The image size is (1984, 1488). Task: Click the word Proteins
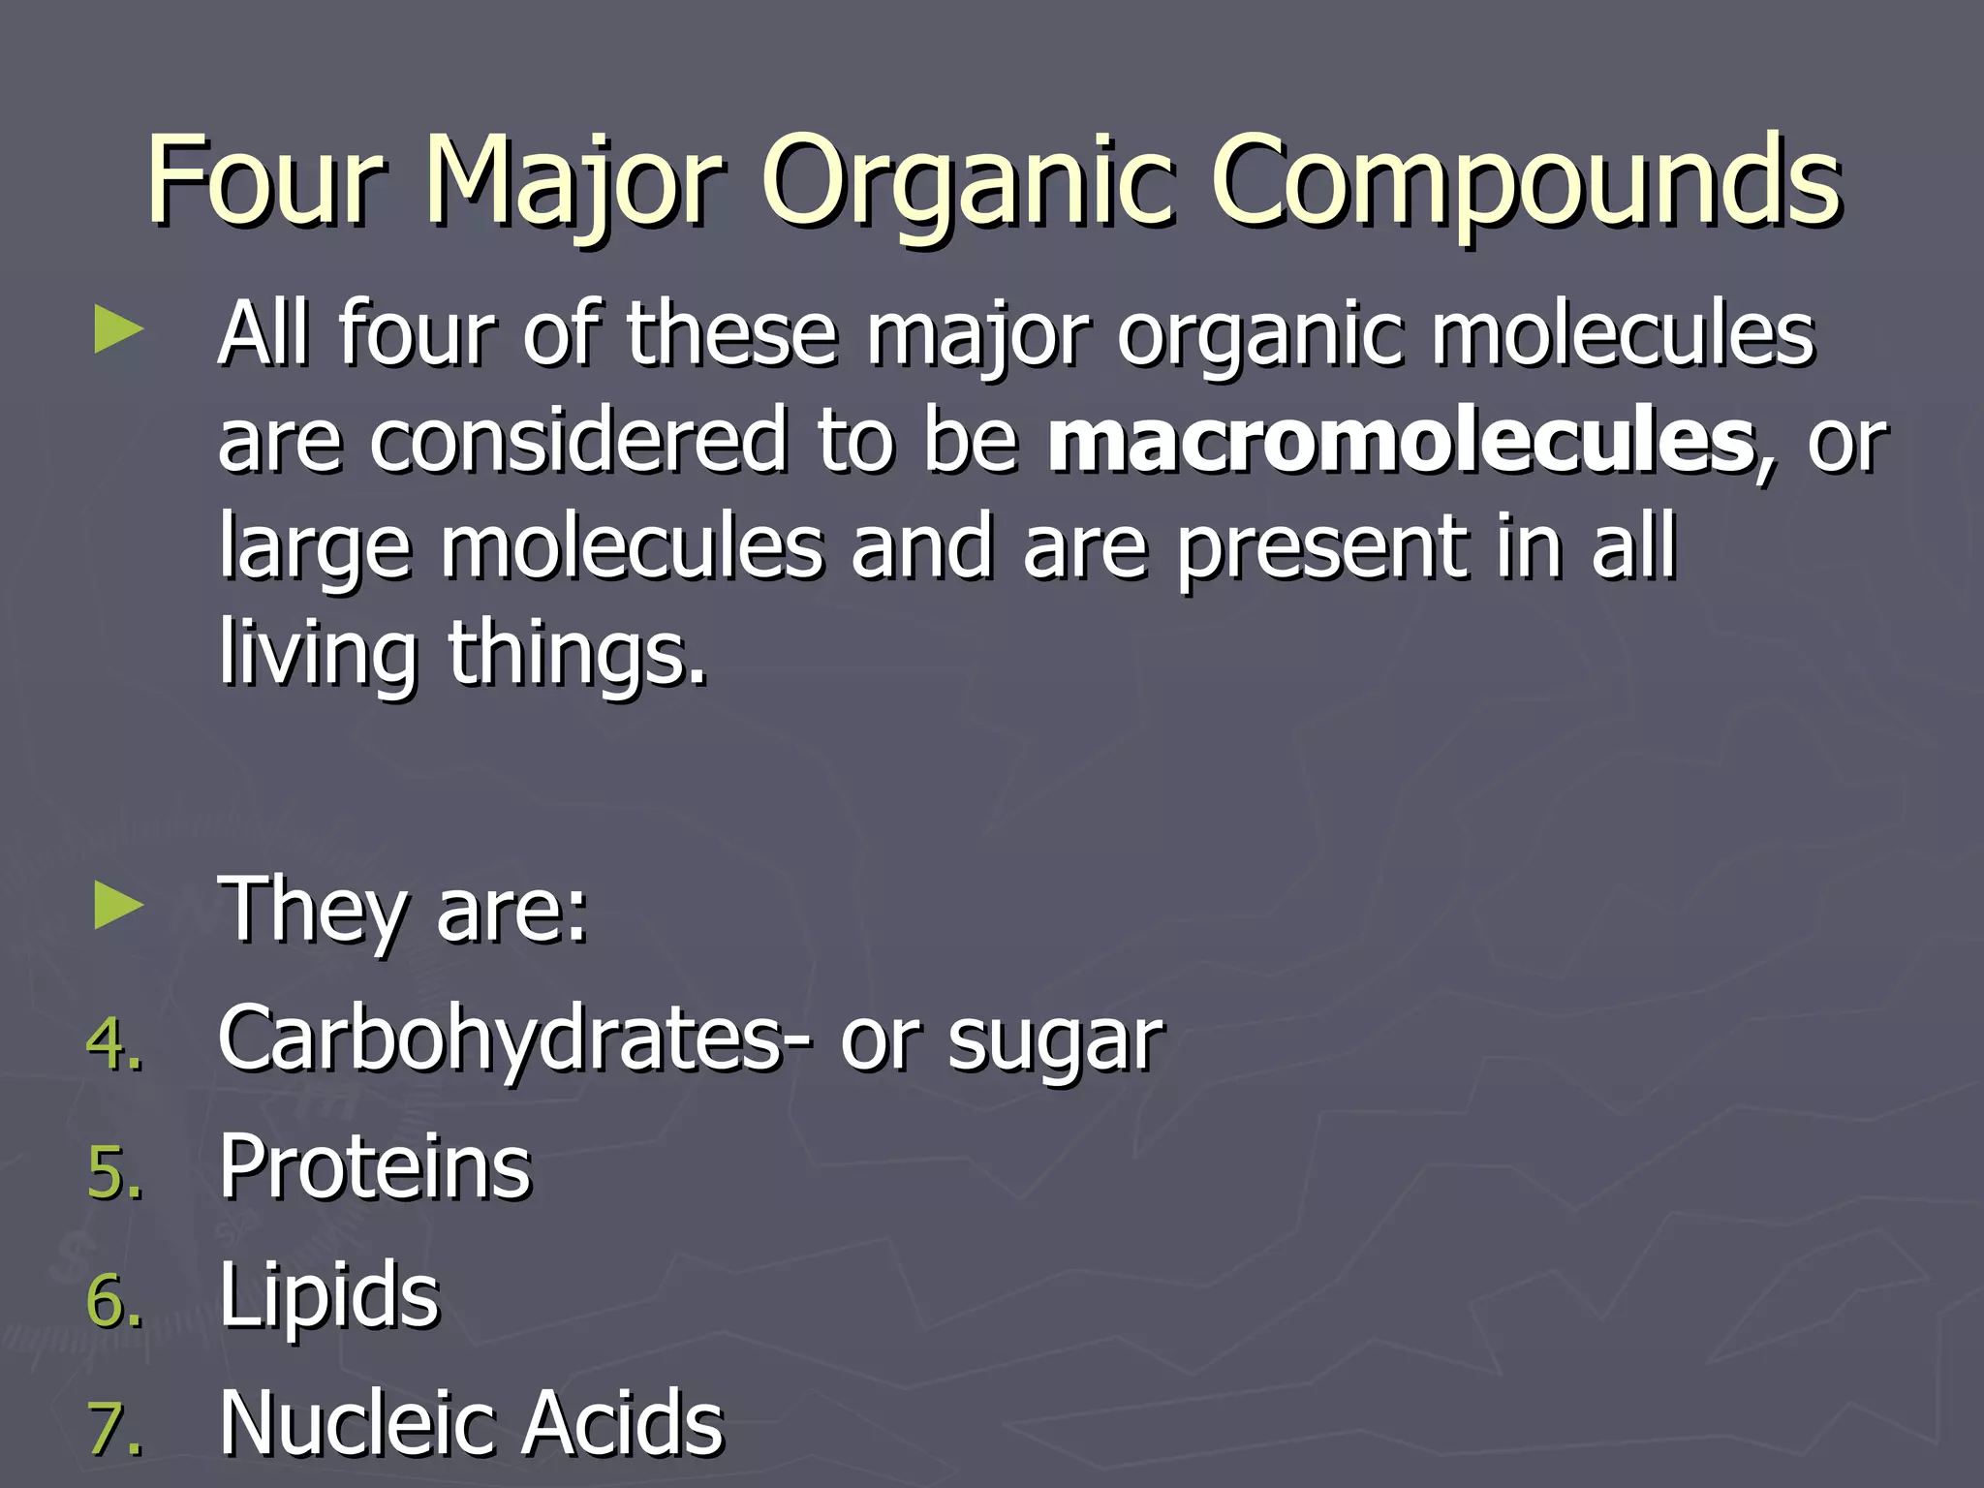click(x=375, y=1167)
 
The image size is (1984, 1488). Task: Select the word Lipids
click(x=329, y=1296)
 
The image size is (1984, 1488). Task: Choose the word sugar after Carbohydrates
click(x=1055, y=1041)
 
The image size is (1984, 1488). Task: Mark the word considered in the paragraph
click(x=578, y=441)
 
